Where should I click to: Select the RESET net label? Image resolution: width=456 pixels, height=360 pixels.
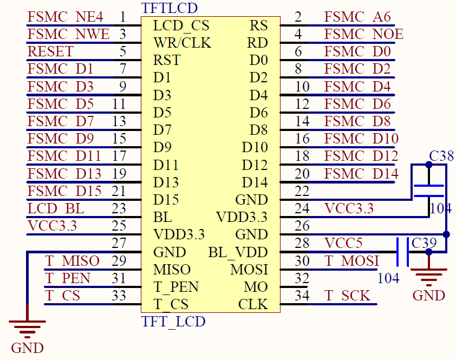point(50,52)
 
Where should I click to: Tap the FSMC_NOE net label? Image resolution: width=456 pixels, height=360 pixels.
point(363,35)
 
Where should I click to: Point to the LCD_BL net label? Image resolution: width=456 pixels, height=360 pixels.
point(56,208)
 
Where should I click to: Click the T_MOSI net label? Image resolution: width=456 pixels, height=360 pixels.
point(351,261)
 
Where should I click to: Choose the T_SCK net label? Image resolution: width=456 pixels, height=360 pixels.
point(347,296)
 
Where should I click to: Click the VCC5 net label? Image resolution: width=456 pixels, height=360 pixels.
point(343,244)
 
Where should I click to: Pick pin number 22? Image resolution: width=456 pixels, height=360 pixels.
point(302,191)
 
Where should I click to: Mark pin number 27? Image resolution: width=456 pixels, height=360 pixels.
point(119,243)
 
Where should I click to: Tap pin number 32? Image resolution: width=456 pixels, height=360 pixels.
point(302,278)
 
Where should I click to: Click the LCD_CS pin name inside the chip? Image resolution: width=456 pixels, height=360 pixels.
point(181,25)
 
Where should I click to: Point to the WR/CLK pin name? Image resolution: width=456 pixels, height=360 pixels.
point(182,43)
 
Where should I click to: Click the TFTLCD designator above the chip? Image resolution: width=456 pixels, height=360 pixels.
point(169,8)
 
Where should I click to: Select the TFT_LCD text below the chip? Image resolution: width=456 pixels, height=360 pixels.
point(173,322)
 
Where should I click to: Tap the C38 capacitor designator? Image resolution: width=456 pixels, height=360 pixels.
point(441,156)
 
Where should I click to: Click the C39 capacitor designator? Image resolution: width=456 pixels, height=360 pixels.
point(424,243)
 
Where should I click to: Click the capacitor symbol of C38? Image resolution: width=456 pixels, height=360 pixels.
point(429,190)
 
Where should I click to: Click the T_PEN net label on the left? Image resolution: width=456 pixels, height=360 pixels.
point(68,278)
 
